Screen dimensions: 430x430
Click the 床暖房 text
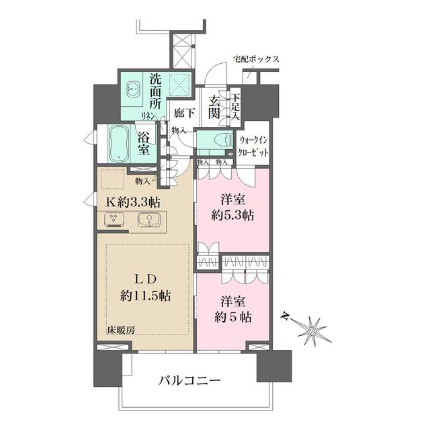point(121,330)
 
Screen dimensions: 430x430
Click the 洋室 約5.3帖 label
point(230,208)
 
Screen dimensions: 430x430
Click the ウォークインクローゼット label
point(255,146)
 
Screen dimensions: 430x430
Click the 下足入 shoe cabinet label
point(235,106)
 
